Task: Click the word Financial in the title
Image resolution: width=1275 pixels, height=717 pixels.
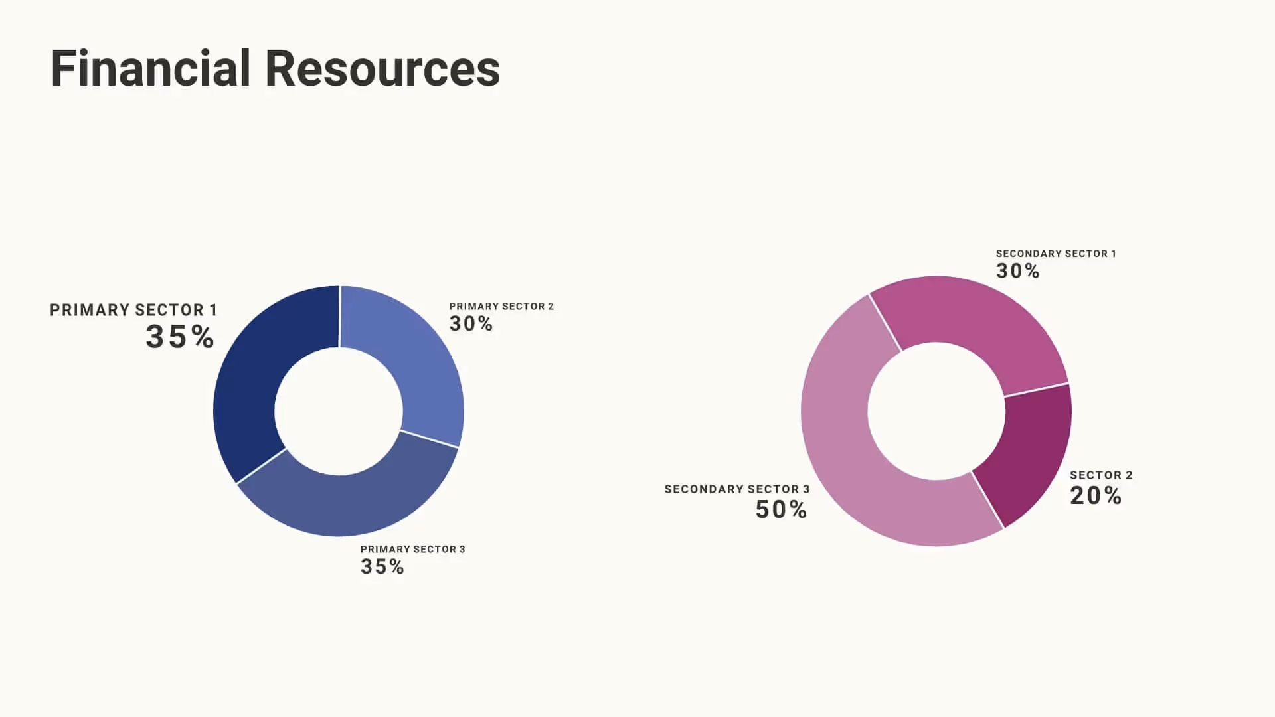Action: pos(150,68)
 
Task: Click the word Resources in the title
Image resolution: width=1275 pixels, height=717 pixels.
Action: pos(382,68)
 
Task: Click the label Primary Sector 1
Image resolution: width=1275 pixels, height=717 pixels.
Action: pos(133,310)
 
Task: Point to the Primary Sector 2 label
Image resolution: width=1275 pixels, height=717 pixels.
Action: pos(501,306)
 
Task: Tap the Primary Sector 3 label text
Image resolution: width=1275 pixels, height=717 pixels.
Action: pos(412,549)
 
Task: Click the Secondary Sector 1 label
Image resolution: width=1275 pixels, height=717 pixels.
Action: pos(1056,254)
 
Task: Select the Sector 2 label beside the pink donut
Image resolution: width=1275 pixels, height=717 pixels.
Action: pos(1101,475)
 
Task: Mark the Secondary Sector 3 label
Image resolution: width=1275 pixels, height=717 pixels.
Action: pos(737,489)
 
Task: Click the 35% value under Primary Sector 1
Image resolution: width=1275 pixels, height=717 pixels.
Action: pos(180,337)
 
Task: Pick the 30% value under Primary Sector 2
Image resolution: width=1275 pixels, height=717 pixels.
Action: pos(471,324)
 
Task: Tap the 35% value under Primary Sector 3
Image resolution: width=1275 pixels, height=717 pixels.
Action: pos(382,567)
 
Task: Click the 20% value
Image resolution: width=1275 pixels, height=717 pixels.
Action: pos(1096,496)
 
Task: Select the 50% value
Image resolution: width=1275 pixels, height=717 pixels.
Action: pos(782,510)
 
